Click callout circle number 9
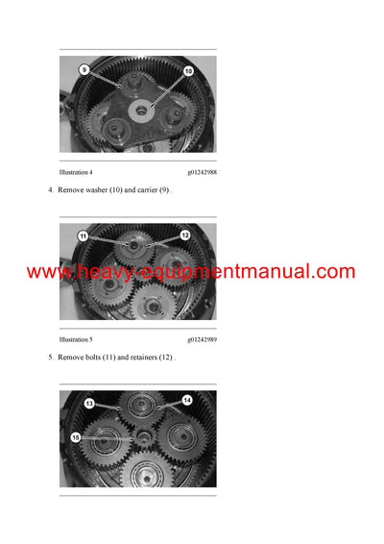tap(84, 70)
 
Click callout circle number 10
tap(188, 71)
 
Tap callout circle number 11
tap(84, 236)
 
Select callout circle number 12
tap(184, 235)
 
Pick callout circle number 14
tap(187, 400)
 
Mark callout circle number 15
tap(76, 437)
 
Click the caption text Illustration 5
tap(76, 339)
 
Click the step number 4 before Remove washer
tap(50, 190)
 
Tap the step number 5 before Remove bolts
tap(50, 358)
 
